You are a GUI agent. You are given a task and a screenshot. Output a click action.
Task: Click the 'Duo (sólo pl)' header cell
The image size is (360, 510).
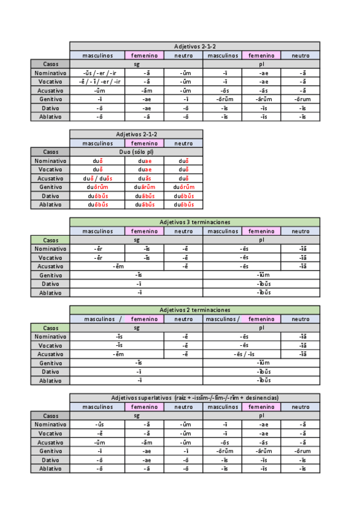coord(136,152)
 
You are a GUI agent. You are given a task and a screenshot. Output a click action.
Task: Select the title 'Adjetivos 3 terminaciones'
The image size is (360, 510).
coord(195,222)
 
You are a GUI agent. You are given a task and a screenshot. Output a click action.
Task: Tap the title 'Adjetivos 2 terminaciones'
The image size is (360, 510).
coord(195,310)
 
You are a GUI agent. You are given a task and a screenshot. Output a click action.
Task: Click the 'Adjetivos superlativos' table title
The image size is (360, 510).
coord(195,398)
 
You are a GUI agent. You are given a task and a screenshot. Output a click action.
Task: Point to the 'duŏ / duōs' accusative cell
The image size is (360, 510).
coord(98,178)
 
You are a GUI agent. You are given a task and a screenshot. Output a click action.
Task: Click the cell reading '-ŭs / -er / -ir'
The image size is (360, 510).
coord(98,73)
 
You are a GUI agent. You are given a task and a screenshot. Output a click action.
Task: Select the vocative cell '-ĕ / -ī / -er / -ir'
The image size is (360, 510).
coord(98,81)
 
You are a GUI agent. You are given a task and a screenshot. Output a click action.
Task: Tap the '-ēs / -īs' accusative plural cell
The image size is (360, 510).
coord(244,354)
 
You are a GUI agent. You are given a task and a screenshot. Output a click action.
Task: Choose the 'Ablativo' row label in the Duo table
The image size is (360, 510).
coord(50,204)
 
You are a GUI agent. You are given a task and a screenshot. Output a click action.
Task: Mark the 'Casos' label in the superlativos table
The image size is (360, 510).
coord(50,416)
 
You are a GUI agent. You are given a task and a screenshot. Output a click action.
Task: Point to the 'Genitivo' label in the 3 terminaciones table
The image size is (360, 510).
coord(50,275)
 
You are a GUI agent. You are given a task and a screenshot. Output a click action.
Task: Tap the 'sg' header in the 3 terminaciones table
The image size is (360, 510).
coord(136,240)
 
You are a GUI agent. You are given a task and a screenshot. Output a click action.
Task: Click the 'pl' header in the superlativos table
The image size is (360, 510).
coord(261,416)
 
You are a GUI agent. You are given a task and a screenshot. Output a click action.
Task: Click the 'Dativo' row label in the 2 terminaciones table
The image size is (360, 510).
coord(50,372)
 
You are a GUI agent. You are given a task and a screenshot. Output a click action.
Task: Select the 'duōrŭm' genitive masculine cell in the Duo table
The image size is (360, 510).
coord(98,187)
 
